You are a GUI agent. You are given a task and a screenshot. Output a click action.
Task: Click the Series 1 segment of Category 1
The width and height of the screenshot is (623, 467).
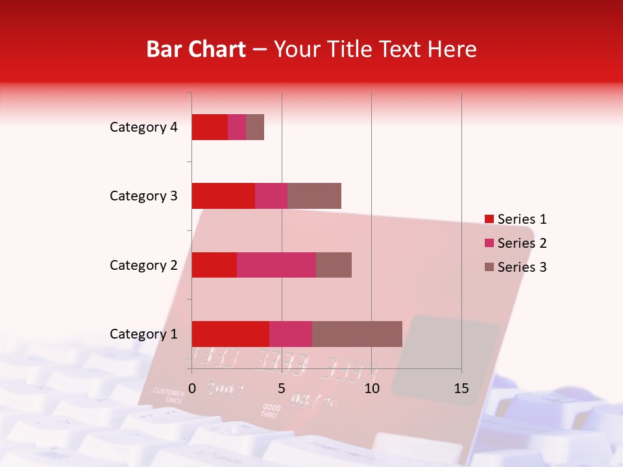(230, 333)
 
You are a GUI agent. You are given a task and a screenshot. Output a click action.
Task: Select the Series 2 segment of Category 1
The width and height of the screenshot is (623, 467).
(291, 333)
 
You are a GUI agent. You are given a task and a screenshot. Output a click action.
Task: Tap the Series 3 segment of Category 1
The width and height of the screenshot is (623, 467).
(357, 333)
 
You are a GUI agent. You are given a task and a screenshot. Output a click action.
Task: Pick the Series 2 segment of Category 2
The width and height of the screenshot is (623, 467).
(276, 265)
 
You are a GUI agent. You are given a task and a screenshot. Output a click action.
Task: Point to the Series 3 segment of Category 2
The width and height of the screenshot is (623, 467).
(334, 265)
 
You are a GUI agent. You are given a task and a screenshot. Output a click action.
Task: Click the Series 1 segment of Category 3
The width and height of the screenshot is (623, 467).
(223, 196)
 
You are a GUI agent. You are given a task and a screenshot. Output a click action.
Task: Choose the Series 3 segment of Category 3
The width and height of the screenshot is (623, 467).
(314, 196)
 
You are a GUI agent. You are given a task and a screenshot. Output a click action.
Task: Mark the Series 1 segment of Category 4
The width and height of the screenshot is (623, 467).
(210, 127)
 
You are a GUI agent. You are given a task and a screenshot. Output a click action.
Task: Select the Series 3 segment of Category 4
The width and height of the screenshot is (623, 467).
(255, 127)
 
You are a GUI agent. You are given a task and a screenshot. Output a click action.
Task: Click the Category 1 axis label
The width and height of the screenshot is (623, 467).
(143, 334)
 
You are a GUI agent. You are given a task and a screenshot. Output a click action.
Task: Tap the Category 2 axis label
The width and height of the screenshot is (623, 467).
(143, 265)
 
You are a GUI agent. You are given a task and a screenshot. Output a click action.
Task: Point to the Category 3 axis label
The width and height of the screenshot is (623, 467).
(143, 196)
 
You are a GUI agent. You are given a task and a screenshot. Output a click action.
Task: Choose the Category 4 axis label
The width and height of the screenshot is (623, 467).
(143, 127)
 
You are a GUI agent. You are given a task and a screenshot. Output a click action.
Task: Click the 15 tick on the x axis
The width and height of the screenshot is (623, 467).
(461, 389)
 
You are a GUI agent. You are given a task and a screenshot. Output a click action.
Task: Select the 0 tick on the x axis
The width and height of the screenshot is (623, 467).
(191, 389)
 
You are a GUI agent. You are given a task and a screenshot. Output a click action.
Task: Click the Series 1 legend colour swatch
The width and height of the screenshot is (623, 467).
(489, 219)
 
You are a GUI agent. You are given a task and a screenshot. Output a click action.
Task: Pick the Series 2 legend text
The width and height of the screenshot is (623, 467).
(522, 243)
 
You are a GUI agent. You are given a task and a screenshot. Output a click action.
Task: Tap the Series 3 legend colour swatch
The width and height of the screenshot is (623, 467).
(489, 267)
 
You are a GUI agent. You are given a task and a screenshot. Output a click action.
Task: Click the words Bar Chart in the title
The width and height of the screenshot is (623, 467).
(196, 49)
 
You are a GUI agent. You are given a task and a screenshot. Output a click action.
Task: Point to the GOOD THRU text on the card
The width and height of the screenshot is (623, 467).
(269, 411)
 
